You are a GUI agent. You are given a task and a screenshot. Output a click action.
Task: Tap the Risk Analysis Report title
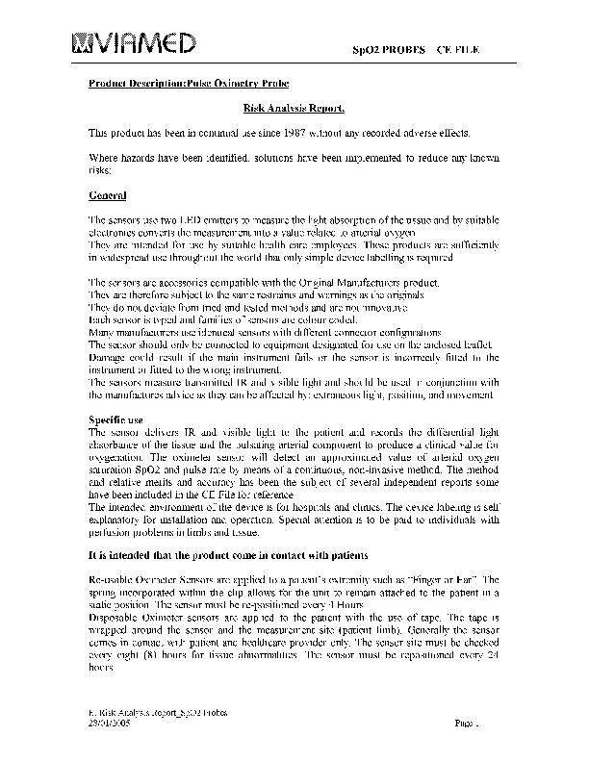[x=294, y=110]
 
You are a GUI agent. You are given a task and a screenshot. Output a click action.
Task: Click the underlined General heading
[x=107, y=196]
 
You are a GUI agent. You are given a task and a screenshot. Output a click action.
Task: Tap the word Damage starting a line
[x=106, y=356]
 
